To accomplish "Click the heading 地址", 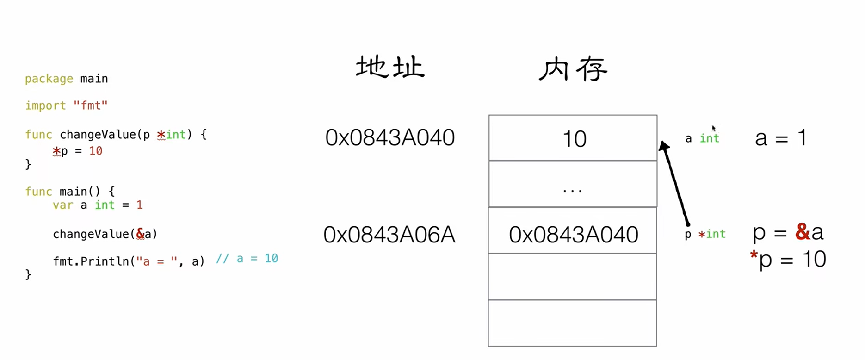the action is pos(390,68).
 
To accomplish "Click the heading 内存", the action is pos(573,69).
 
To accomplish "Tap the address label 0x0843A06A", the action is pos(389,235).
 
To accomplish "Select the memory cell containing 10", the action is pos(573,138).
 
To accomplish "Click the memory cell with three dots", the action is pos(573,185).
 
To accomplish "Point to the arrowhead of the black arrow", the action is pos(663,146).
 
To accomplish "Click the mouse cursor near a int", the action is pos(714,128).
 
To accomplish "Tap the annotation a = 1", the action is pos(780,138).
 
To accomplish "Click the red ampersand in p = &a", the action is pos(802,232).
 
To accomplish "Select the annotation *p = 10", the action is pos(788,259).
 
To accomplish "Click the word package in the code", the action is pos(49,79).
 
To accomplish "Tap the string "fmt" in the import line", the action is pos(91,106).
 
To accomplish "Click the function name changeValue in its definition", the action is pos(98,135).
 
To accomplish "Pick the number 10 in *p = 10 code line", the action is pos(96,151).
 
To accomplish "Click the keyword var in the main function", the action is pos(63,205).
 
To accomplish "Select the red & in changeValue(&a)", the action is pos(140,234).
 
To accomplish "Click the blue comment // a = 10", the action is pos(247,259).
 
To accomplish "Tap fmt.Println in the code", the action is pos(91,261).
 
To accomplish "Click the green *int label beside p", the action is pos(712,234).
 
